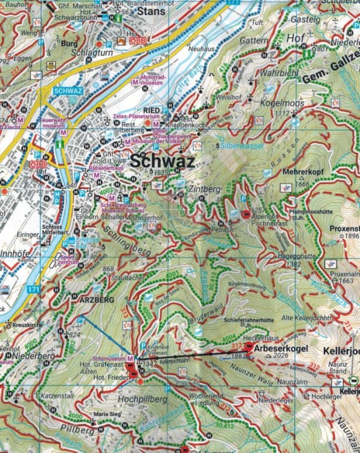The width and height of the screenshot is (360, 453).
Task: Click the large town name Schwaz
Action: click(161, 162)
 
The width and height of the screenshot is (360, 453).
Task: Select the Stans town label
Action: click(152, 11)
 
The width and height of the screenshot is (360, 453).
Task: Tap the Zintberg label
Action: click(204, 188)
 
